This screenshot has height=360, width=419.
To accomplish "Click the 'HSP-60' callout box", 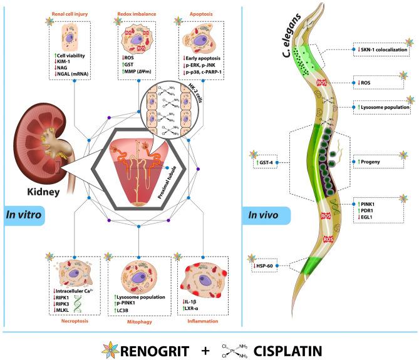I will [x=271, y=265].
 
